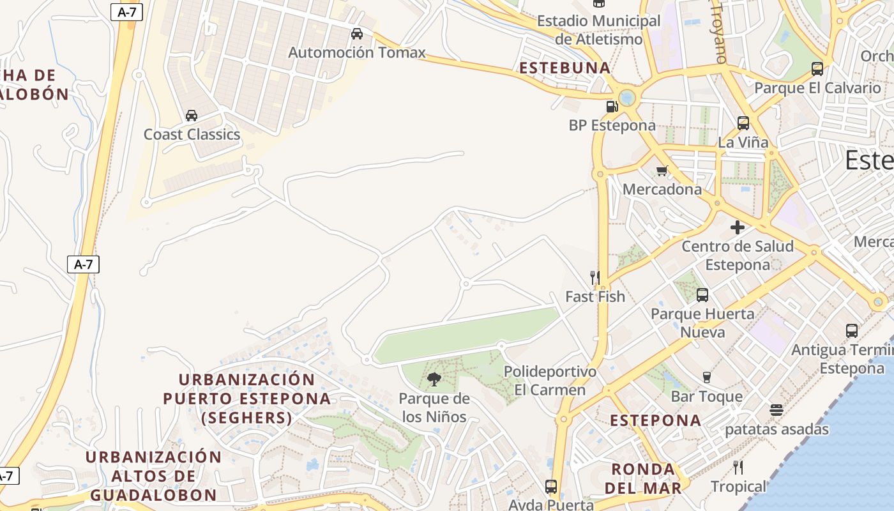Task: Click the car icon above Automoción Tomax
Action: pos(357,33)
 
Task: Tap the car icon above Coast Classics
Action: pos(191,116)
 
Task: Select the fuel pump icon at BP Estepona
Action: pos(612,107)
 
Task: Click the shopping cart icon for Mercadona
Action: pos(662,171)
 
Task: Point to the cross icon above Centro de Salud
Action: pos(738,227)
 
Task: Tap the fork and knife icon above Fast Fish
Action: pos(595,277)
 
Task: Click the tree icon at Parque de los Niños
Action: pos(434,379)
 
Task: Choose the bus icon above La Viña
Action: pos(743,123)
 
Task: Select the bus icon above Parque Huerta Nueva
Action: pos(702,295)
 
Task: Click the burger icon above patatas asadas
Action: pos(777,410)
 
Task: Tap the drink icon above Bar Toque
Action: pos(707,378)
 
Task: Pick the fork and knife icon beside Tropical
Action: pos(738,468)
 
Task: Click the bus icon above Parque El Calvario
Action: pos(817,69)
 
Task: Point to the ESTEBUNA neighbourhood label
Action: pos(565,68)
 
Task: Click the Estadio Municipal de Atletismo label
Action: pos(599,30)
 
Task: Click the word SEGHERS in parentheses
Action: pos(246,418)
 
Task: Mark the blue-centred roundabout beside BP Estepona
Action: pos(627,98)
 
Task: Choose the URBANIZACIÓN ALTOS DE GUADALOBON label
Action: pos(153,476)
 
